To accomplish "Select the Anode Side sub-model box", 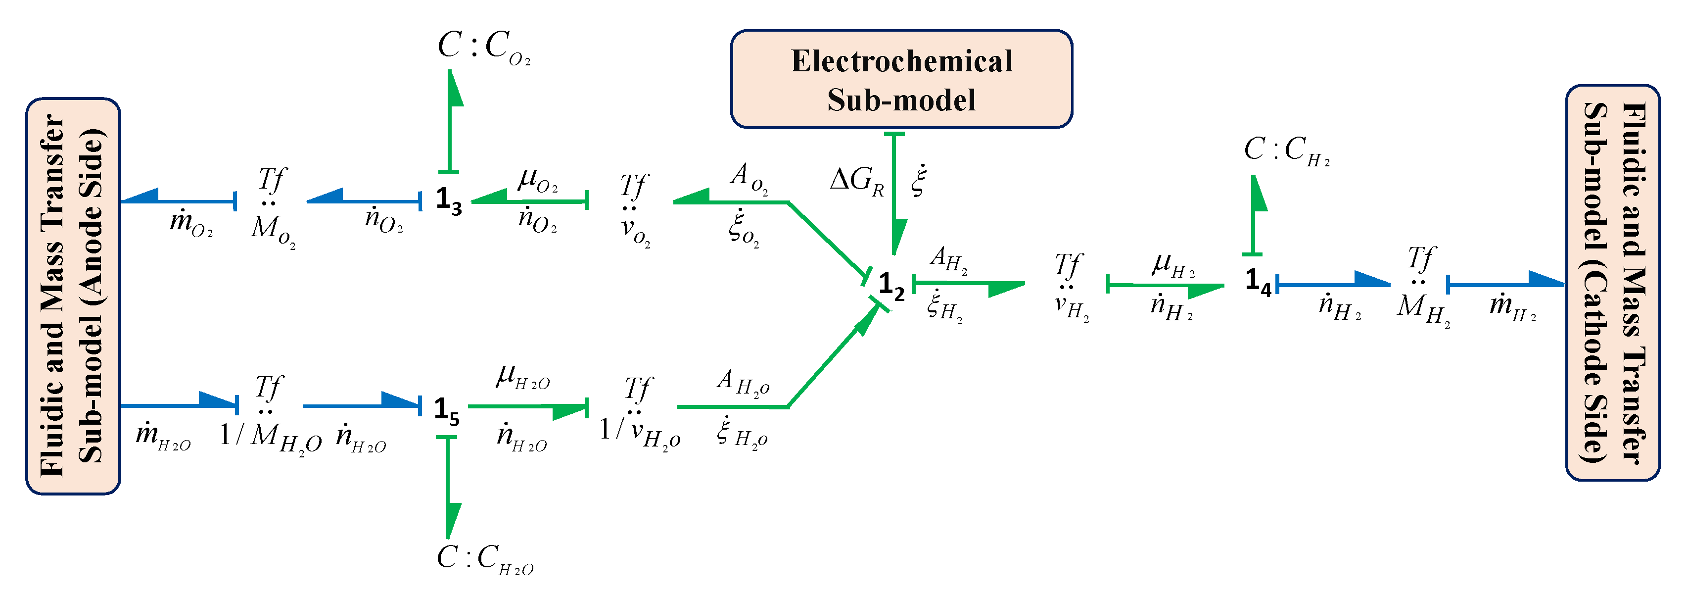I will [73, 296].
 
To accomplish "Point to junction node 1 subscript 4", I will [1257, 282].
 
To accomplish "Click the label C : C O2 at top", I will [483, 47].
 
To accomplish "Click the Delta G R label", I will [856, 180].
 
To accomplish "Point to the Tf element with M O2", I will [272, 206].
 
